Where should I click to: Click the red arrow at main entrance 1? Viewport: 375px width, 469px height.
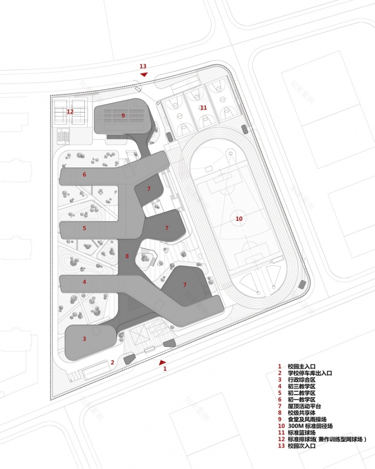pos(162,363)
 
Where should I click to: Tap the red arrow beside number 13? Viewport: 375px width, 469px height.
pos(144,75)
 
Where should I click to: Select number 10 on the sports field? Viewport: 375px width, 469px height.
pos(239,219)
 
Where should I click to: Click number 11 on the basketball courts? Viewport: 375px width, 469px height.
pos(204,108)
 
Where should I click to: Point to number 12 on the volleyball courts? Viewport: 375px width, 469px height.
pos(70,112)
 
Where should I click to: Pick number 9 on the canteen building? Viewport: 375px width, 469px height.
pos(123,115)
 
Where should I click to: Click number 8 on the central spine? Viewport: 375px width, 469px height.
pos(127,256)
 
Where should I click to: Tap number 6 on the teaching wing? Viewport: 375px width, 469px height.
pos(84,174)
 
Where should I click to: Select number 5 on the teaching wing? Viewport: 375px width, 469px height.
pos(84,228)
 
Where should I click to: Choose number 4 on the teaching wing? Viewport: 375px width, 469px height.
pos(84,282)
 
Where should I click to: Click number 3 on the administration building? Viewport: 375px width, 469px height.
pos(84,339)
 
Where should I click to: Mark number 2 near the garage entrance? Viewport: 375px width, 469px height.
pos(112,363)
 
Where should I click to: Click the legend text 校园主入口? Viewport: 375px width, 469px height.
pos(301,366)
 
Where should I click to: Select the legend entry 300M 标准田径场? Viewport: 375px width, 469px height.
pos(310,426)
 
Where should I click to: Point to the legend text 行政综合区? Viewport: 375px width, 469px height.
pos(301,380)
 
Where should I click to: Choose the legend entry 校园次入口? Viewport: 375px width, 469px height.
pos(301,446)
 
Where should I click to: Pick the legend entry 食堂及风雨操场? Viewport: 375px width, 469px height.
pos(307,419)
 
